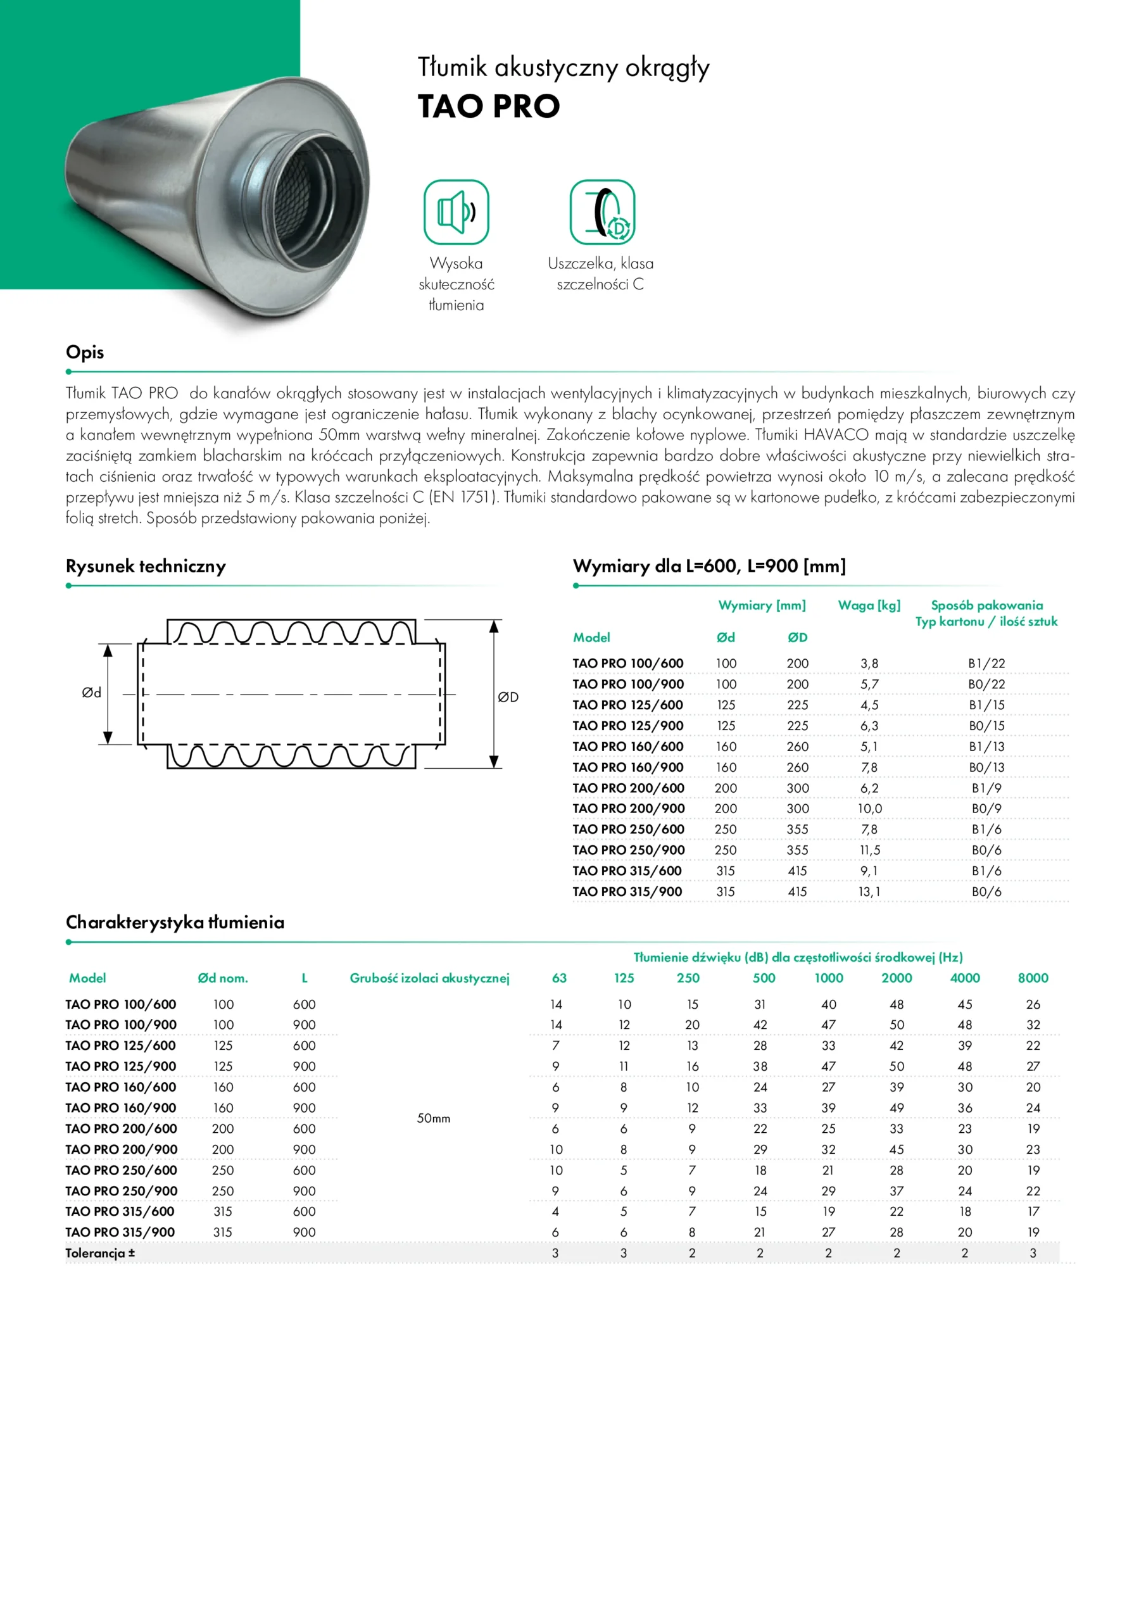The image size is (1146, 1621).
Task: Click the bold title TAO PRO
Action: tap(489, 107)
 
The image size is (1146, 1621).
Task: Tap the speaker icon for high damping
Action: tap(456, 211)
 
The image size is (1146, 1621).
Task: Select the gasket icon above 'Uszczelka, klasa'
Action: tap(602, 211)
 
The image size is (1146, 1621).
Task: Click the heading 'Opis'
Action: tap(85, 351)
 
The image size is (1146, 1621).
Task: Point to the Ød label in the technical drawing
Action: tap(92, 693)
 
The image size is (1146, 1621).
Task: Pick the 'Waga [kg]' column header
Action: tap(869, 605)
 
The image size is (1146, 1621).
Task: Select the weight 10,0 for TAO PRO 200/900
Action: tap(870, 809)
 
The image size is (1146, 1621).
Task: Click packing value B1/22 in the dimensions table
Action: tap(986, 663)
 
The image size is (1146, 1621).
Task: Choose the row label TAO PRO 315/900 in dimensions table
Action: tap(627, 892)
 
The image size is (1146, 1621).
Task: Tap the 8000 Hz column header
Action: tap(1033, 978)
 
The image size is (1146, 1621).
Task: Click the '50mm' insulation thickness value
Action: tap(434, 1118)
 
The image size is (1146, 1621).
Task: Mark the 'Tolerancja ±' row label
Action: tap(100, 1253)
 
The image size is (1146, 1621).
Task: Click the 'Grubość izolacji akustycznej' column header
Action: tap(429, 978)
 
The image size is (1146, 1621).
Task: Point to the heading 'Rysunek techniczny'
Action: tap(146, 566)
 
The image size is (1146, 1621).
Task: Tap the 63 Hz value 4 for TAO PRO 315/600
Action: tap(556, 1211)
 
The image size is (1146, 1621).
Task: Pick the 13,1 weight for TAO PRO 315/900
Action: tap(870, 892)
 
